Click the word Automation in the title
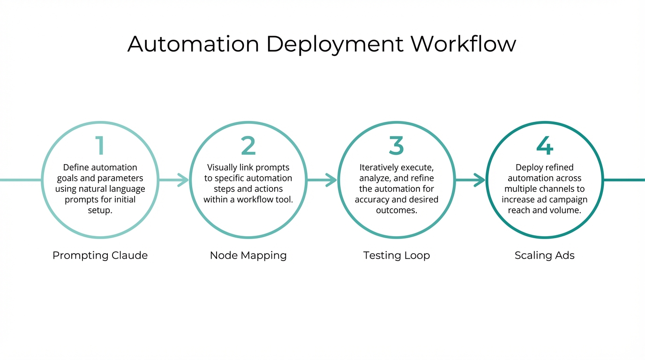coord(193,44)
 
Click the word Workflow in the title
coord(463,44)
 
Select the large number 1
coord(99,146)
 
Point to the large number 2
coord(248,146)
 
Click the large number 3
coord(396,146)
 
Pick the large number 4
coord(545,146)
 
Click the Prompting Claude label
coord(100,255)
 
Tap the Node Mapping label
coord(248,255)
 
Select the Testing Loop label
coord(396,255)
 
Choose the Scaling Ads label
coord(544,255)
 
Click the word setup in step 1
coord(100,210)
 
